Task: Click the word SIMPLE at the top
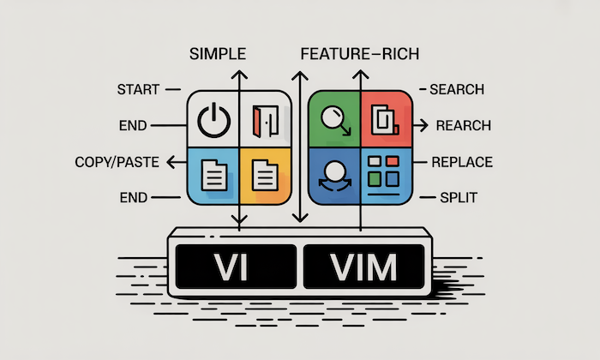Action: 217,54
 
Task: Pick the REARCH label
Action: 463,126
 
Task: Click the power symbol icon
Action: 213,122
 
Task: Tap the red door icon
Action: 266,122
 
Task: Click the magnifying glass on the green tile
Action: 333,122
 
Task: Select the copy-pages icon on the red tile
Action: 385,122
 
